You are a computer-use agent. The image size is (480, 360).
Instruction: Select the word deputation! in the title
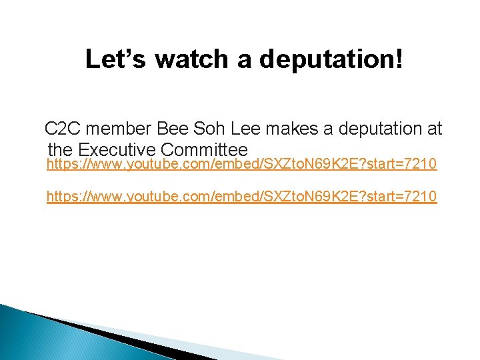pyautogui.click(x=331, y=59)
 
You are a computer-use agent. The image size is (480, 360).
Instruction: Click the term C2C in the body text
pyautogui.click(x=62, y=129)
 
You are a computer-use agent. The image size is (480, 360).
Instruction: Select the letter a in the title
pyautogui.click(x=244, y=59)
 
